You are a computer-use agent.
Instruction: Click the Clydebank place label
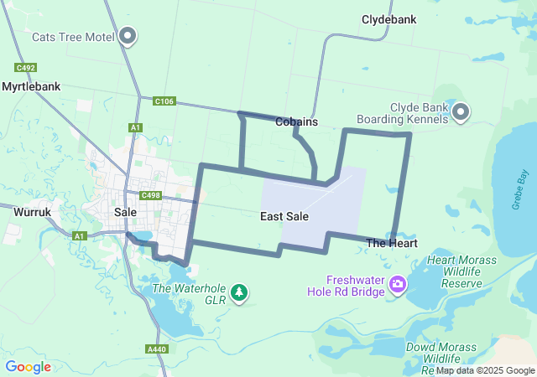click(x=390, y=18)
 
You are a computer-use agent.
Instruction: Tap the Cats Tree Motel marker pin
click(x=128, y=36)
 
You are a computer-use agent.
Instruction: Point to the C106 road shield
click(x=164, y=101)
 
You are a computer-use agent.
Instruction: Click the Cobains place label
click(x=296, y=121)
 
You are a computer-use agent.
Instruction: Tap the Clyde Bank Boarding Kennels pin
click(x=461, y=112)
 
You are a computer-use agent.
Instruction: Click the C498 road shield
click(x=151, y=195)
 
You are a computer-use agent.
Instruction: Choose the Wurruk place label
click(x=33, y=213)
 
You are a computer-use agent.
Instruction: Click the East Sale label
click(x=284, y=216)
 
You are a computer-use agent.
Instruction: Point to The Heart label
click(x=392, y=243)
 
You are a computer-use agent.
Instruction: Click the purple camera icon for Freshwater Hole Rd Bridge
click(x=398, y=285)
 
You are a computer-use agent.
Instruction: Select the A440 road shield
click(x=156, y=349)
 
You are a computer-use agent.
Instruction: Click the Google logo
click(x=28, y=367)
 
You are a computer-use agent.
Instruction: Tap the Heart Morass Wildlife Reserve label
click(x=454, y=271)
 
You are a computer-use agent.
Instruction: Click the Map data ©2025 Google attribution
click(x=484, y=370)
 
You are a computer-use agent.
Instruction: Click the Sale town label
click(x=125, y=213)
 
